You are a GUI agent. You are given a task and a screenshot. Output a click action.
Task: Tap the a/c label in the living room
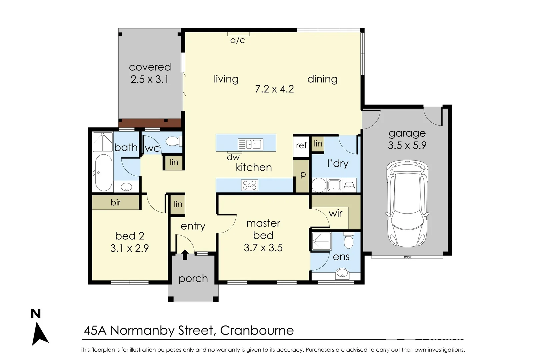click(237, 40)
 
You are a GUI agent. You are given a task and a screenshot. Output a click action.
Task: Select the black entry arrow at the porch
click(185, 254)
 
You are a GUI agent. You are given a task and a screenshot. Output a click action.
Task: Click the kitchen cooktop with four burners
click(249, 185)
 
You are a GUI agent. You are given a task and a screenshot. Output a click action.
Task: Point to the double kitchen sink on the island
click(250, 144)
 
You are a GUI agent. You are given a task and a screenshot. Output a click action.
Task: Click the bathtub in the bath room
click(103, 172)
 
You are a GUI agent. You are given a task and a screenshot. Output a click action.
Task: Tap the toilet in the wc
click(173, 141)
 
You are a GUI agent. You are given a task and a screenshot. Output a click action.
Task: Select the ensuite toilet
click(348, 241)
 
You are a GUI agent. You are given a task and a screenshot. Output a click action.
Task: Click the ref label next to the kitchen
click(301, 145)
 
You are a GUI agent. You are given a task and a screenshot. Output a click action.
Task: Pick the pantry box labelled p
click(303, 175)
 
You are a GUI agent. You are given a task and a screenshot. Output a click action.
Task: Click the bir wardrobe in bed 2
click(116, 202)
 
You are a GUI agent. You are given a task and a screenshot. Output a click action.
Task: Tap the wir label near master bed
click(335, 213)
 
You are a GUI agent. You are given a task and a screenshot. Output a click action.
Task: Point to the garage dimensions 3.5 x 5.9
click(407, 145)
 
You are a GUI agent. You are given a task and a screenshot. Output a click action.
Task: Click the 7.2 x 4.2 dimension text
click(274, 89)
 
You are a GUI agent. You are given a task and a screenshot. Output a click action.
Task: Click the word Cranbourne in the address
click(257, 330)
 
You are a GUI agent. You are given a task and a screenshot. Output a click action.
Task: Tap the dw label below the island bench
click(233, 157)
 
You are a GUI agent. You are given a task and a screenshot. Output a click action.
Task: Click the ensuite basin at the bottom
click(342, 274)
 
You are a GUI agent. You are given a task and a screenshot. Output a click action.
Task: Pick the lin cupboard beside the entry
click(178, 204)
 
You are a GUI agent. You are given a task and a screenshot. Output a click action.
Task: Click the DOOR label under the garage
click(407, 257)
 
